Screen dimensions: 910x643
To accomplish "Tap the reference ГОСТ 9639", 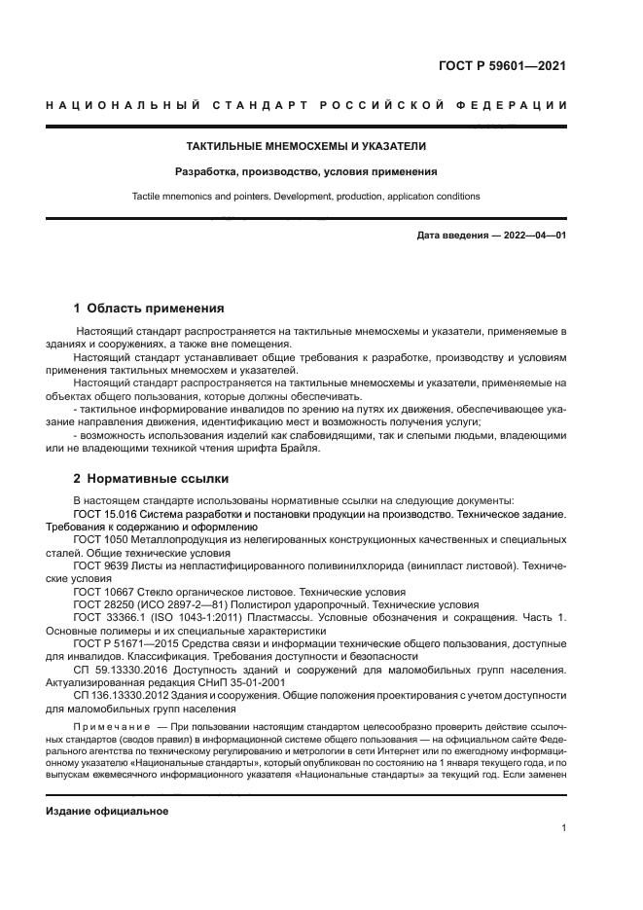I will click(101, 564).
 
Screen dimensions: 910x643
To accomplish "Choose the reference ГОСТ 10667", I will click(104, 591).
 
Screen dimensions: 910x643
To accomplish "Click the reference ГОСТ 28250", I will click(104, 603).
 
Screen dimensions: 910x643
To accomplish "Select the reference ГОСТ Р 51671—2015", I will click(123, 643).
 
